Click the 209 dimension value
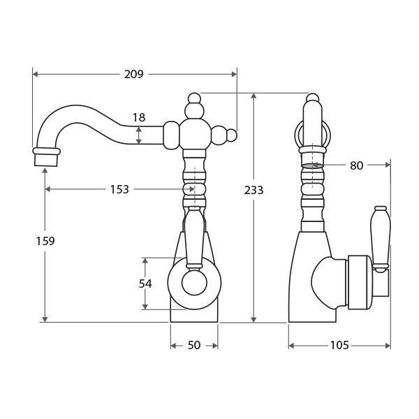(x=133, y=74)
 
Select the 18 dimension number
(x=139, y=118)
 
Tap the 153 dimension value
(x=119, y=189)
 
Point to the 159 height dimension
(x=45, y=241)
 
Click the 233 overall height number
(x=253, y=190)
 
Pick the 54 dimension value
(x=145, y=284)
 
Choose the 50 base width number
(x=194, y=346)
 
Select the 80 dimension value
(x=356, y=166)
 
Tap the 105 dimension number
(x=339, y=346)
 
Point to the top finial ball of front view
(x=194, y=98)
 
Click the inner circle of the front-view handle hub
(x=194, y=284)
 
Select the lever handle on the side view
(x=381, y=237)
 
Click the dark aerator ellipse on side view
(x=313, y=166)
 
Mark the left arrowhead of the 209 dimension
(x=35, y=74)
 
